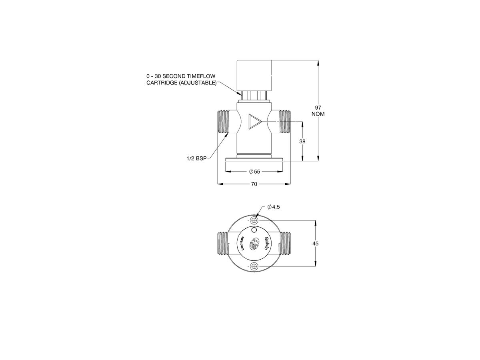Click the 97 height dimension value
point(318,108)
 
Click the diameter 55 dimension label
point(254,171)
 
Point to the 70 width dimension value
point(254,184)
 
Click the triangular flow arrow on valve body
point(254,121)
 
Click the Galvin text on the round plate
point(267,243)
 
